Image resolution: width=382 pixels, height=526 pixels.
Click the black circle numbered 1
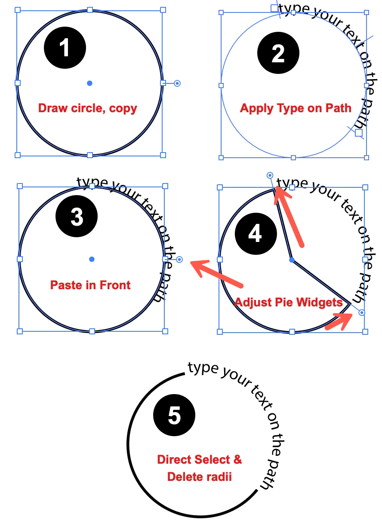tap(65, 48)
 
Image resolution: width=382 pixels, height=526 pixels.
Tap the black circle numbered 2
tap(278, 54)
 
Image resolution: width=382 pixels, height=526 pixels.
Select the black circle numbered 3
tap(77, 217)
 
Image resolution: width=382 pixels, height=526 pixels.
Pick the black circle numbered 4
tap(255, 234)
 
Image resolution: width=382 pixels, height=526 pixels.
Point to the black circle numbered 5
tap(174, 416)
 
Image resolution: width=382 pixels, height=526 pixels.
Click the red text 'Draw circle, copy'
tap(87, 108)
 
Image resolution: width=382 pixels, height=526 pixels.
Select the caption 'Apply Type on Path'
tap(296, 108)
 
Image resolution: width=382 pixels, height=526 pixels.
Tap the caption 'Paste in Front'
tap(90, 285)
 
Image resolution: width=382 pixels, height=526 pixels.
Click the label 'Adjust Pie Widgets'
tap(288, 302)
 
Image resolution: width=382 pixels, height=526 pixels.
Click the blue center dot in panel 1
tap(89, 83)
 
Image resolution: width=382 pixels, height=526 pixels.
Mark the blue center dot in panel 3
tap(92, 259)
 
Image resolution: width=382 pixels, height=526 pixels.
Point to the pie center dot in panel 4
tap(292, 260)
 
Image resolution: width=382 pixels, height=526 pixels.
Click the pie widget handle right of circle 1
tap(177, 83)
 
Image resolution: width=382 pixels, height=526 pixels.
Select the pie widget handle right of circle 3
tap(179, 259)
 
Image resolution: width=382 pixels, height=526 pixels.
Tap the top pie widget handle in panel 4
tap(270, 175)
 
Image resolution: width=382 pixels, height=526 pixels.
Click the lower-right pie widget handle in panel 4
tap(362, 312)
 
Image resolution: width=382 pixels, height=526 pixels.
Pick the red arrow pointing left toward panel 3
tap(217, 275)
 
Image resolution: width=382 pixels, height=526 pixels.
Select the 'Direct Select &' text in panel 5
tap(200, 459)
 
